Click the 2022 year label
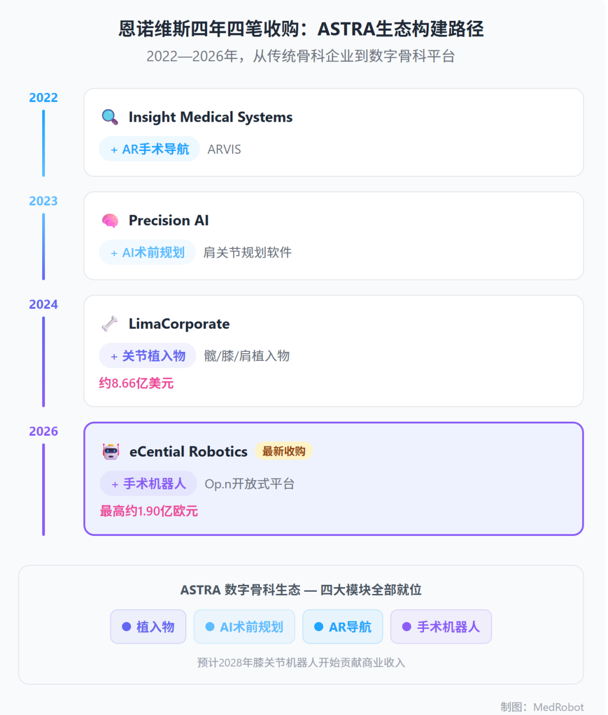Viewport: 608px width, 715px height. click(x=43, y=98)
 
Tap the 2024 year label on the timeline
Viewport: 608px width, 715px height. click(x=43, y=305)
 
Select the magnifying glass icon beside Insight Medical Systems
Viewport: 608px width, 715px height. click(x=110, y=117)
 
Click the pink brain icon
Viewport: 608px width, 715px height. click(x=110, y=220)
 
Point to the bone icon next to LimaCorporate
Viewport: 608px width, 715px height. click(x=110, y=324)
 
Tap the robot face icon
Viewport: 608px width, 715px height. click(x=111, y=452)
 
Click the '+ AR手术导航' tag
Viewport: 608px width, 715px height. click(x=149, y=149)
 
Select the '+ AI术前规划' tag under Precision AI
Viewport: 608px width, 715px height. click(x=147, y=253)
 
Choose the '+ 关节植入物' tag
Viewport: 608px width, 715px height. click(x=147, y=356)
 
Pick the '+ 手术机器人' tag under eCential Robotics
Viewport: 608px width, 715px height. click(x=149, y=484)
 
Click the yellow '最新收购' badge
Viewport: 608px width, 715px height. click(x=284, y=452)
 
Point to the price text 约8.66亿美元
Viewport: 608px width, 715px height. click(x=136, y=383)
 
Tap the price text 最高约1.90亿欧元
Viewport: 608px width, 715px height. click(x=149, y=511)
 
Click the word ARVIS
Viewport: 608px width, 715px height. click(x=224, y=149)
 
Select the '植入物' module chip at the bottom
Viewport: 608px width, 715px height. click(x=149, y=627)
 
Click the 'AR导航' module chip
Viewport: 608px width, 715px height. click(x=343, y=627)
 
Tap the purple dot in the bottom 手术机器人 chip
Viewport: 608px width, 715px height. click(x=406, y=627)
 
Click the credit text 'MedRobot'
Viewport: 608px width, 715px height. click(x=558, y=707)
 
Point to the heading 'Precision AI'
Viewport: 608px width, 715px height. click(x=169, y=220)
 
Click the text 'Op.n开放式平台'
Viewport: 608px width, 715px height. click(x=249, y=484)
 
